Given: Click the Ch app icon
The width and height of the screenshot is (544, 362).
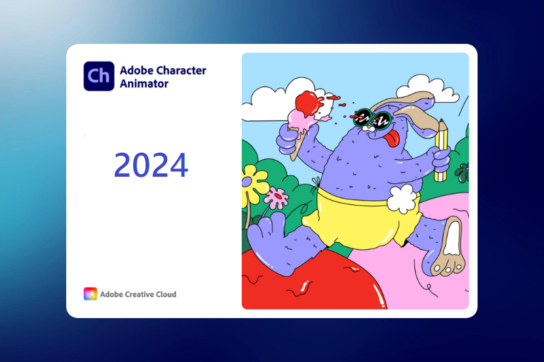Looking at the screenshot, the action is point(99,76).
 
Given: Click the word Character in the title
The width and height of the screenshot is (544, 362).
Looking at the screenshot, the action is point(180,70).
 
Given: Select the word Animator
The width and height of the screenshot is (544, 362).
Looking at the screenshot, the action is point(144,84).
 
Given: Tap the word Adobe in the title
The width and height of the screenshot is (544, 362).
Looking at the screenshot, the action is point(136,70).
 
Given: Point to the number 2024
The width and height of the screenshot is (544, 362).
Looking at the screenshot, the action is point(151,165).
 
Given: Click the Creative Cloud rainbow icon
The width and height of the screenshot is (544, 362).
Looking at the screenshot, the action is point(90,294).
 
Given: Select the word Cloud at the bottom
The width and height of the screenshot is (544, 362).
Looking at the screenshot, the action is point(166,294).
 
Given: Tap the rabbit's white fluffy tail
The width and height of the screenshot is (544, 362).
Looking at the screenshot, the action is point(402,198).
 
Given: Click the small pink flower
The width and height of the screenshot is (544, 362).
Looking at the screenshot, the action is point(277,198).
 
